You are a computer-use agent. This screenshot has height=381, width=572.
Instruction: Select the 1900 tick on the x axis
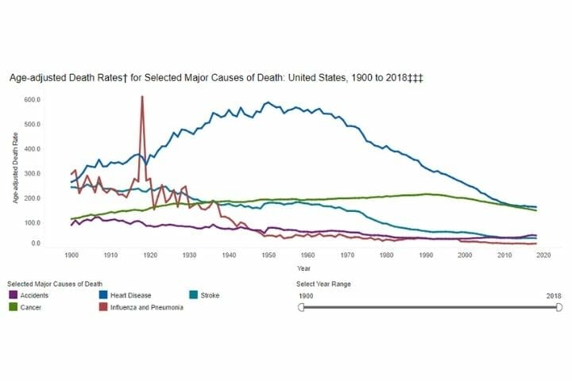tap(71, 255)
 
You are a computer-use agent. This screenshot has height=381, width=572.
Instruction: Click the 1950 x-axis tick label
tap(269, 255)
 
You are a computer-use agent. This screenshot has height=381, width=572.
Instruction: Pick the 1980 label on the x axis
tap(387, 255)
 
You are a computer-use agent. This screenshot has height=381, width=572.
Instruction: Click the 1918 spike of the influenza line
tap(141, 98)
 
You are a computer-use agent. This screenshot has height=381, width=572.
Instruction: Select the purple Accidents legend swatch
tap(14, 295)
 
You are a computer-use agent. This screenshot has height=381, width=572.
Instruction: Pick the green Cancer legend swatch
tap(14, 307)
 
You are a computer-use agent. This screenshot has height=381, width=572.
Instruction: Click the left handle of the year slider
tap(301, 307)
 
